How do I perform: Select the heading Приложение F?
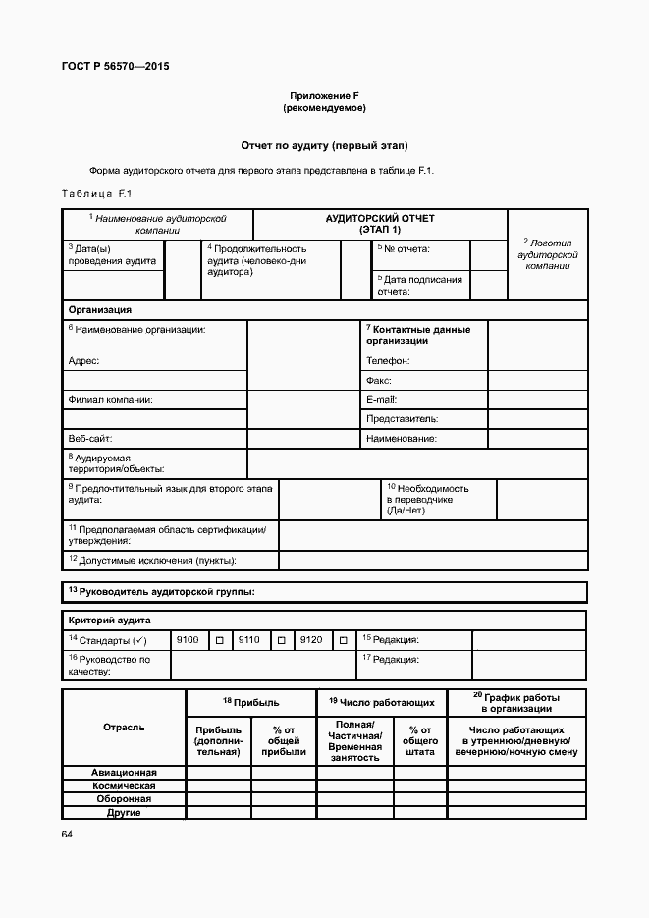(x=324, y=95)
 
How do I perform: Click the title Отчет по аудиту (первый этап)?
(x=324, y=145)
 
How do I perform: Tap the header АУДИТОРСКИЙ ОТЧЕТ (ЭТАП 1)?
(x=380, y=223)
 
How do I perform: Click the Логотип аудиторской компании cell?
(x=548, y=253)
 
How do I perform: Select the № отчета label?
(x=406, y=249)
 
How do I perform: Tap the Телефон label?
(x=388, y=361)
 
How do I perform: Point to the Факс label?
(x=379, y=381)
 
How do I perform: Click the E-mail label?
(x=381, y=400)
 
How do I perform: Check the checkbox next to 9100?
(x=220, y=640)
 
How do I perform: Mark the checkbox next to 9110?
(x=281, y=640)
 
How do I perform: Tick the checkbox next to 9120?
(x=343, y=640)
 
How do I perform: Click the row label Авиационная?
(x=124, y=772)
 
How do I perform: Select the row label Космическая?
(x=124, y=785)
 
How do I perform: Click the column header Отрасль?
(x=124, y=728)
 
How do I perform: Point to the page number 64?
(x=67, y=834)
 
